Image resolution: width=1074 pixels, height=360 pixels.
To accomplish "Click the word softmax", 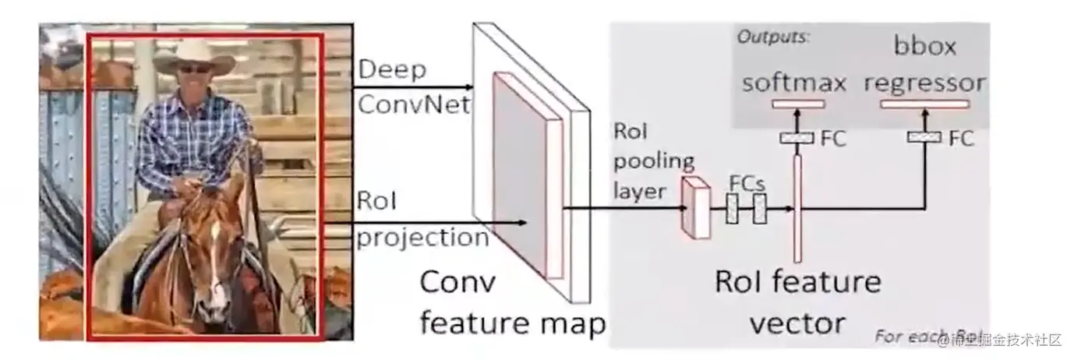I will [x=794, y=83].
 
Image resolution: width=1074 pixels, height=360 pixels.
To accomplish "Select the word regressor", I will [x=925, y=83].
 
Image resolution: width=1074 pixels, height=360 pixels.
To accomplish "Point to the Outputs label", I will [x=773, y=37].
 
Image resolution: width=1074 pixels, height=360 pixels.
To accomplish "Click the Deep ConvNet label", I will [x=413, y=87].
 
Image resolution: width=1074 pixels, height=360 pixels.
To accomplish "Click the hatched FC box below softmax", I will [x=797, y=138].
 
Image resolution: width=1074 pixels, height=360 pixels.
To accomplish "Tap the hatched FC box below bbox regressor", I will [x=925, y=138].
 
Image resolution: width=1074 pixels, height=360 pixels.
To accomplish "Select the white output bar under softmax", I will [x=797, y=104].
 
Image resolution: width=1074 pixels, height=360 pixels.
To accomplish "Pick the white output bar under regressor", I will [x=925, y=104].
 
